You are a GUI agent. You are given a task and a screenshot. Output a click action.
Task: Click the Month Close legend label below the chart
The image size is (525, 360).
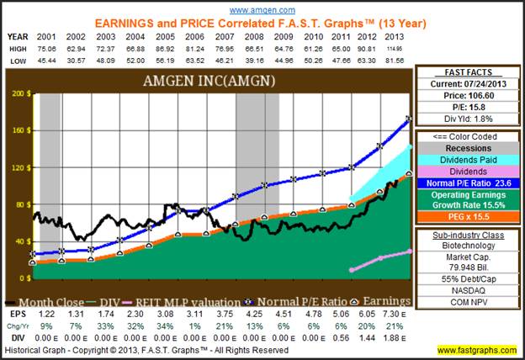(54, 300)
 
